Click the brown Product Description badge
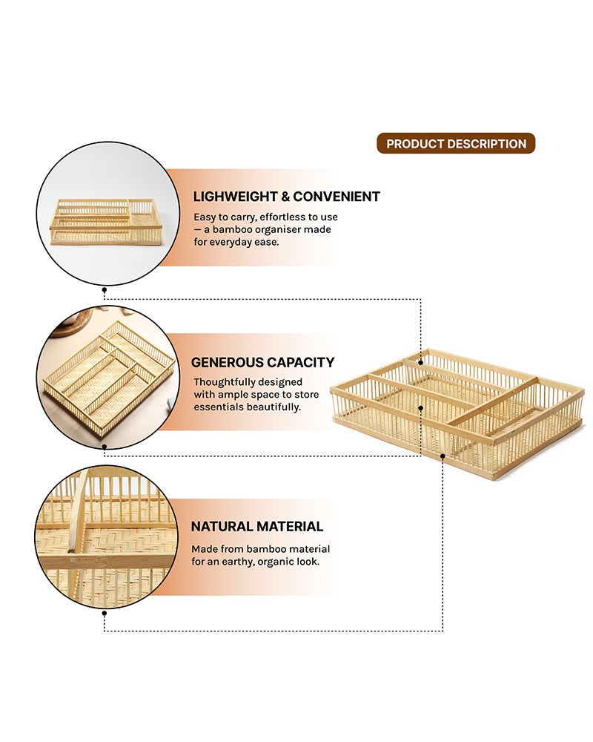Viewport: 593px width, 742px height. pyautogui.click(x=456, y=144)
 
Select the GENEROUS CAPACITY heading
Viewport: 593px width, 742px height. pyautogui.click(x=263, y=362)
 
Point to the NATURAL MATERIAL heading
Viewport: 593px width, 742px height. pyautogui.click(x=257, y=527)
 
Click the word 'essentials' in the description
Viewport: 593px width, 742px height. pyautogui.click(x=218, y=407)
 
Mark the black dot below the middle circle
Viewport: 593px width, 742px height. pyautogui.click(x=105, y=447)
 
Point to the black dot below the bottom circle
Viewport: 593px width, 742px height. pyautogui.click(x=105, y=613)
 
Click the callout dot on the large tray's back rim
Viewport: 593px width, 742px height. pyautogui.click(x=422, y=362)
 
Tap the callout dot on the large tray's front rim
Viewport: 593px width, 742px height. pyautogui.click(x=443, y=455)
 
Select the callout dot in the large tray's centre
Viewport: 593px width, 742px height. pyautogui.click(x=422, y=407)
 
